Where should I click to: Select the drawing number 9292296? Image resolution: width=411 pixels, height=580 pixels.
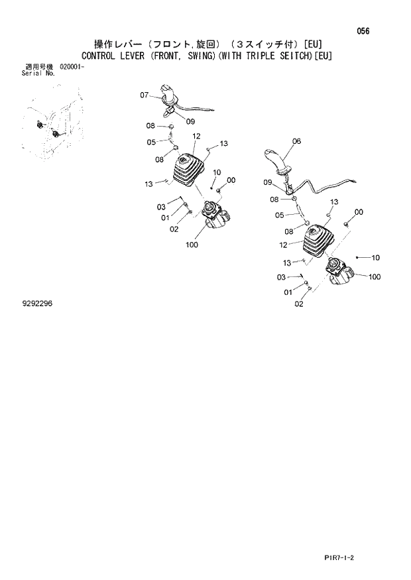coord(37,303)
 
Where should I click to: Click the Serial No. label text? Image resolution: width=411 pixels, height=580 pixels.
coord(38,73)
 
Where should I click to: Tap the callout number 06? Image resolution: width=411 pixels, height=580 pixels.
coord(296,141)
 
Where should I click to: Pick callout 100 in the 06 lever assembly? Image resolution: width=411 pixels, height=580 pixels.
coord(373,277)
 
